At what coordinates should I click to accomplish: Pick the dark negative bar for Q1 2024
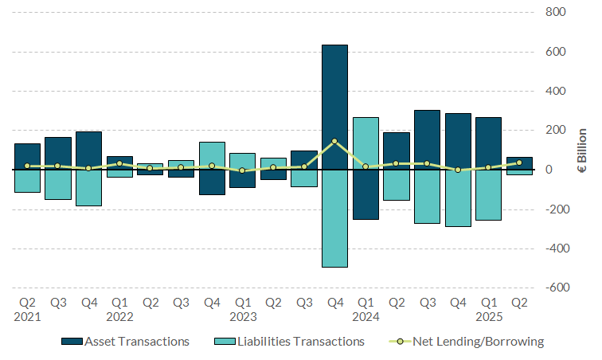[365, 194]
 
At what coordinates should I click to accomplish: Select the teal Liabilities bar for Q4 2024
[458, 198]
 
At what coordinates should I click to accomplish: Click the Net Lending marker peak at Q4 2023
[334, 141]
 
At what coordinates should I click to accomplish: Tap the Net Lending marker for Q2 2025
[519, 162]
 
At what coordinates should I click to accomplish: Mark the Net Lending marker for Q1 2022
[119, 163]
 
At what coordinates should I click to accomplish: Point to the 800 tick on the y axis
[555, 13]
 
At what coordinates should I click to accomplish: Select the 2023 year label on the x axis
[242, 316]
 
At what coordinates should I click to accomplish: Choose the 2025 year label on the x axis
[488, 316]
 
